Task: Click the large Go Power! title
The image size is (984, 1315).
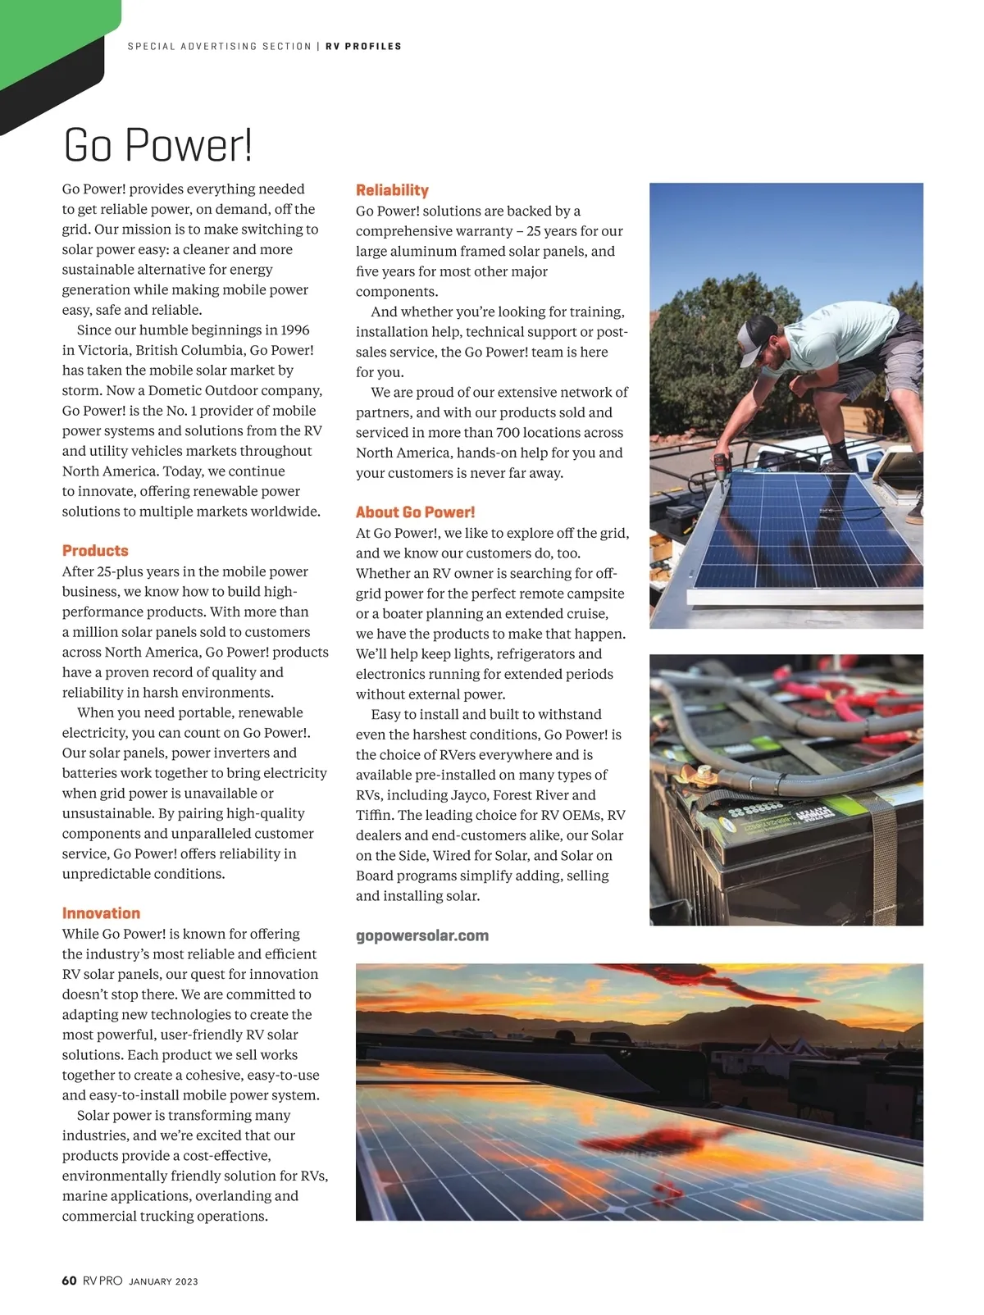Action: pyautogui.click(x=157, y=146)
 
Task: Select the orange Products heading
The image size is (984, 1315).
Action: pyautogui.click(x=95, y=551)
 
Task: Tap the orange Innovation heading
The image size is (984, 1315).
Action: pyautogui.click(x=101, y=913)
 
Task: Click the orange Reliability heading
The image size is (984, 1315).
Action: pyautogui.click(x=392, y=190)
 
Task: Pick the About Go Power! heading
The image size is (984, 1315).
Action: pyautogui.click(x=415, y=512)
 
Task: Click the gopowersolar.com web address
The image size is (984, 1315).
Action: pyautogui.click(x=421, y=935)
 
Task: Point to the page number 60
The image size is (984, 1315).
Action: pyautogui.click(x=69, y=1281)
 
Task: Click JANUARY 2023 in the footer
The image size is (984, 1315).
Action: pyautogui.click(x=163, y=1281)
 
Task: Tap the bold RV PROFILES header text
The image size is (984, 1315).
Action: pyautogui.click(x=363, y=47)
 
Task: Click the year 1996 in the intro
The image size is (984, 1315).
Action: pyautogui.click(x=294, y=330)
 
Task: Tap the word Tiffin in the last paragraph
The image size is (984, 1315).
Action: pyautogui.click(x=374, y=816)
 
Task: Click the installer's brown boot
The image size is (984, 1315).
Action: pyautogui.click(x=914, y=512)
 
